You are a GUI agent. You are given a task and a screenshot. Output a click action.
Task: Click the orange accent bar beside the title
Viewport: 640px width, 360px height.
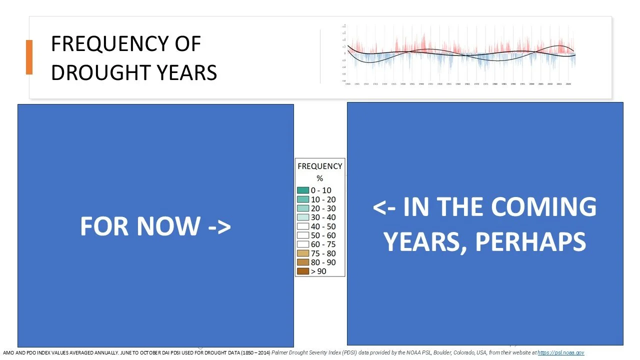click(29, 57)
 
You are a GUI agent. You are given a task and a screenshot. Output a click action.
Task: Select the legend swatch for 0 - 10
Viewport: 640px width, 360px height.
click(302, 190)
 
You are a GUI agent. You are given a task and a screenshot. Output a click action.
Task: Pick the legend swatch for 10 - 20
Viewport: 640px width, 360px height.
click(302, 199)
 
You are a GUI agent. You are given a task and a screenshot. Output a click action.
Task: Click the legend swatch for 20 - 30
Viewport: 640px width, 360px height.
click(302, 208)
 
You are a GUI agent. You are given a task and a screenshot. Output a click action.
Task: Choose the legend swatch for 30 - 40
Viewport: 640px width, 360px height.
click(302, 217)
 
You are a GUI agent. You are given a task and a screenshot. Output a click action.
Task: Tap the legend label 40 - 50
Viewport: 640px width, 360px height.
click(323, 226)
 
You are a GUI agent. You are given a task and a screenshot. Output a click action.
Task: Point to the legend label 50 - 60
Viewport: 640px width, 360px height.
click(323, 235)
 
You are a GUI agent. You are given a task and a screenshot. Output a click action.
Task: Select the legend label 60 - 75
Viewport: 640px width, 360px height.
click(323, 244)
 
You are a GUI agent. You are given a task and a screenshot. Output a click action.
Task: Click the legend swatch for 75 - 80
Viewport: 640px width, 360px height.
click(302, 253)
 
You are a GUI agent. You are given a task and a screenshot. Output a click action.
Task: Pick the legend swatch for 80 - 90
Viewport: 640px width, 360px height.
click(302, 262)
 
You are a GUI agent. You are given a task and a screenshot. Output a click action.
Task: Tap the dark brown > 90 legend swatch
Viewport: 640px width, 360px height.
click(302, 271)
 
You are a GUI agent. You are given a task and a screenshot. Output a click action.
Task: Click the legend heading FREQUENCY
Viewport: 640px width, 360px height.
click(320, 166)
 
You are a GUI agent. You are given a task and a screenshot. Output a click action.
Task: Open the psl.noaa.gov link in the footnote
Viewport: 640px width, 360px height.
click(560, 352)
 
